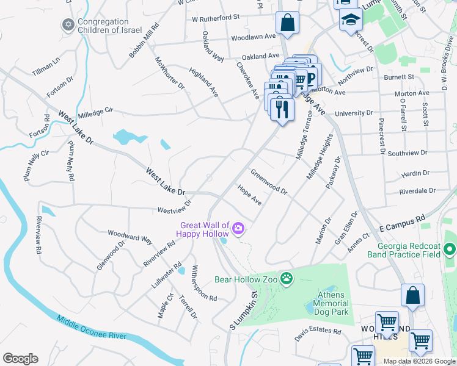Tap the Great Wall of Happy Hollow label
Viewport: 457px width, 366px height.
point(203,229)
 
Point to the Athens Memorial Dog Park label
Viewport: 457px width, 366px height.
point(332,303)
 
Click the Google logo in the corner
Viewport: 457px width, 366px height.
point(20,358)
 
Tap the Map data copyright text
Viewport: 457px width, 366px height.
point(419,361)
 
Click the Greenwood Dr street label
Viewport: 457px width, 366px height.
point(269,182)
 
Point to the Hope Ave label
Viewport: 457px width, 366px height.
point(250,195)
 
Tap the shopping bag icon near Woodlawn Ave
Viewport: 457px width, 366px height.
point(287,24)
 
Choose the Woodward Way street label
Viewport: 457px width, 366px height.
point(130,236)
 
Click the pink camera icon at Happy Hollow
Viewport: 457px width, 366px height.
point(238,229)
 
